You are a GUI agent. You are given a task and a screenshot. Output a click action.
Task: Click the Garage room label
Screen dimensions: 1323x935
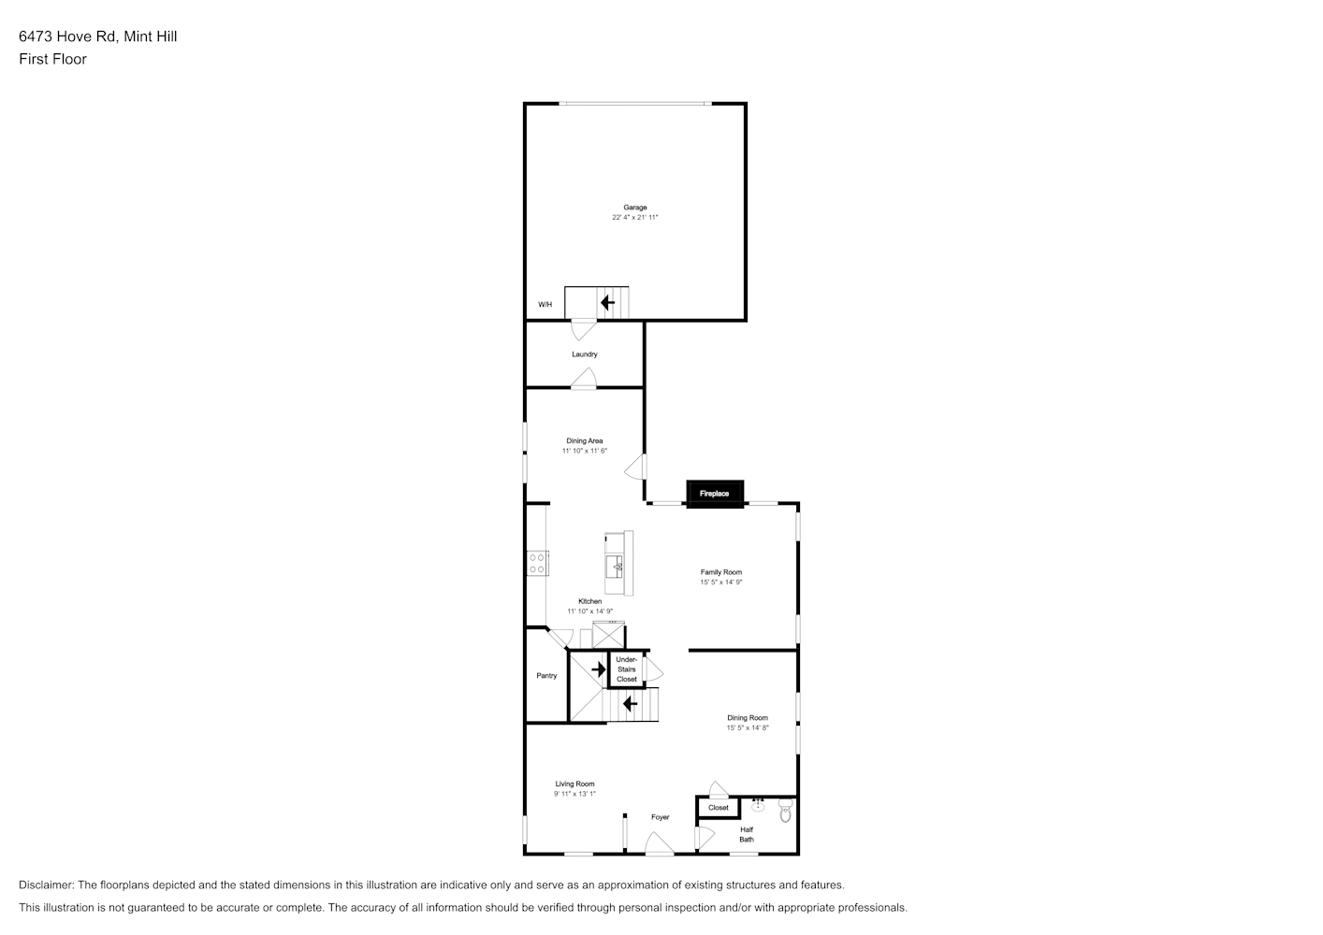(x=635, y=208)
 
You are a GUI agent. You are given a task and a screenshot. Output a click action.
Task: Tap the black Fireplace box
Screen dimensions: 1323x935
(x=715, y=494)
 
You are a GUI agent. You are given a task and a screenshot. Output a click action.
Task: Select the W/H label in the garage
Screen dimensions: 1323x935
(x=545, y=305)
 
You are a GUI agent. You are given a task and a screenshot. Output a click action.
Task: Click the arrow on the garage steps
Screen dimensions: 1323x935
(x=608, y=303)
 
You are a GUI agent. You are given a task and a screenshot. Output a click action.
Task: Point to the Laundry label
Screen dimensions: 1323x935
(x=584, y=354)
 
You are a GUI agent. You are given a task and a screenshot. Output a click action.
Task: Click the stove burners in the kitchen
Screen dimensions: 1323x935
(x=537, y=563)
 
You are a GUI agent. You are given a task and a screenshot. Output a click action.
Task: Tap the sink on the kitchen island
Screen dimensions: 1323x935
(x=614, y=567)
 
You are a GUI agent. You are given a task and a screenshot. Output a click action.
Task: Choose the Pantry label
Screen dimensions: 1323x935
(x=546, y=675)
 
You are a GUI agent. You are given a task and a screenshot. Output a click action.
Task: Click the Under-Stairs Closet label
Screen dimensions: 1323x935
(x=627, y=669)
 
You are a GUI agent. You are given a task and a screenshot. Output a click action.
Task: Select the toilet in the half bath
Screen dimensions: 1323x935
(x=785, y=811)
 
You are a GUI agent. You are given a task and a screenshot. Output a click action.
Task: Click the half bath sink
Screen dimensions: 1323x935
(x=758, y=805)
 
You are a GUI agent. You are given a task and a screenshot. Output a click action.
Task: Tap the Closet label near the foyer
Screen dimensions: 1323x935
(x=719, y=808)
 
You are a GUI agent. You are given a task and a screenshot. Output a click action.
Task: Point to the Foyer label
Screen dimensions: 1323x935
(x=661, y=817)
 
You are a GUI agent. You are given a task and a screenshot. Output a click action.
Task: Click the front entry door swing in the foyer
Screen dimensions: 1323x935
(x=660, y=843)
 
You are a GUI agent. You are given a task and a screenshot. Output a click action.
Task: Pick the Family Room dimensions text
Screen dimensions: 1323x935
(x=721, y=582)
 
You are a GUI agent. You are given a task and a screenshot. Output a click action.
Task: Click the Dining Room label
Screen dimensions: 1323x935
(x=748, y=718)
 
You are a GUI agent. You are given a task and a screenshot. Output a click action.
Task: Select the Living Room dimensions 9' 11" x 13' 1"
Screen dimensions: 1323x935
(x=574, y=793)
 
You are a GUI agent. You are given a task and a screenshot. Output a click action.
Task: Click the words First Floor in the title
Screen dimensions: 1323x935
(x=52, y=59)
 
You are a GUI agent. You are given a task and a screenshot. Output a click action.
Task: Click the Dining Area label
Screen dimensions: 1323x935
(x=584, y=440)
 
